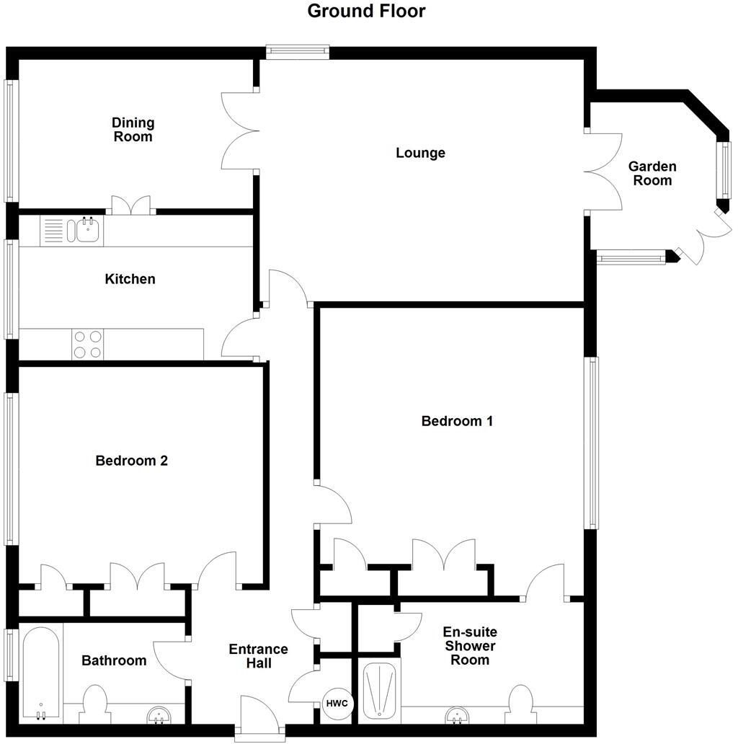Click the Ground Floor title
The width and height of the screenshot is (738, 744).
pyautogui.click(x=366, y=12)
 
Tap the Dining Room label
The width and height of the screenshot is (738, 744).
pyautogui.click(x=133, y=130)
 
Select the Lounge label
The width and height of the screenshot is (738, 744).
pyautogui.click(x=420, y=153)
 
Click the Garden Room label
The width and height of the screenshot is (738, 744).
pyautogui.click(x=652, y=174)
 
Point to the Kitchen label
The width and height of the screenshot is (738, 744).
pyautogui.click(x=130, y=279)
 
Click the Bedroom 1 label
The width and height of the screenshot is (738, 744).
pyautogui.click(x=457, y=421)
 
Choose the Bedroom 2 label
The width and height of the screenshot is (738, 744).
pyautogui.click(x=131, y=461)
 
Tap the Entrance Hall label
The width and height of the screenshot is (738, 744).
pyautogui.click(x=258, y=656)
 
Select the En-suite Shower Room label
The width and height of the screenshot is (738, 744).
pyautogui.click(x=470, y=646)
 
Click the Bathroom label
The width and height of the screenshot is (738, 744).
pyautogui.click(x=114, y=660)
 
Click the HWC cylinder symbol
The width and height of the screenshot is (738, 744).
pyautogui.click(x=337, y=704)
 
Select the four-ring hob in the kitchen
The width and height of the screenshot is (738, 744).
pyautogui.click(x=87, y=344)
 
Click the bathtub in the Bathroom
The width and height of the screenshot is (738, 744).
pyautogui.click(x=40, y=673)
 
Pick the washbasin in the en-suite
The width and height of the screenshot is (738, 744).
pyautogui.click(x=455, y=715)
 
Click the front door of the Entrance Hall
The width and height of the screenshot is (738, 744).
pyautogui.click(x=259, y=717)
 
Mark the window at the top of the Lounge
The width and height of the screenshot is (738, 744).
pyautogui.click(x=297, y=51)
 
